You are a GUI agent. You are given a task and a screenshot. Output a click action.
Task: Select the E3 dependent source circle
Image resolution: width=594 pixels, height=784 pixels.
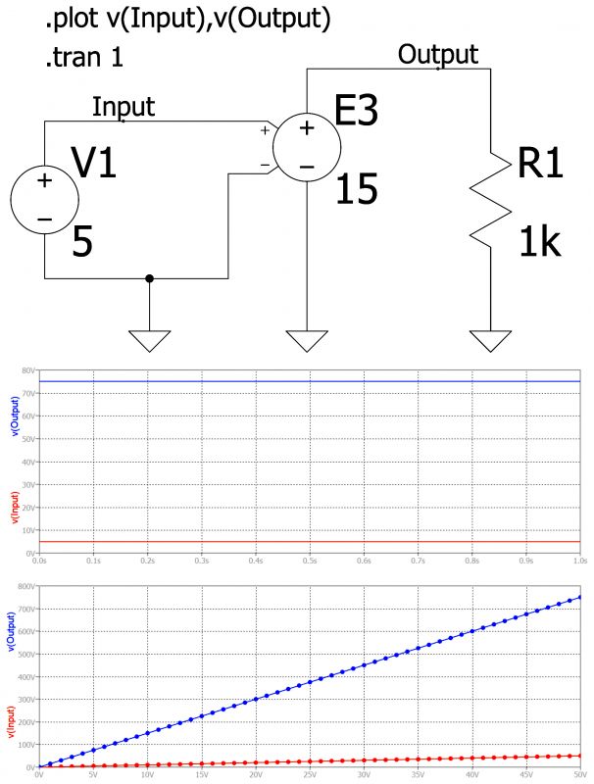click(x=306, y=147)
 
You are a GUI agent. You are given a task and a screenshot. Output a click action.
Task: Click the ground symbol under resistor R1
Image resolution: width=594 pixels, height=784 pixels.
click(x=490, y=340)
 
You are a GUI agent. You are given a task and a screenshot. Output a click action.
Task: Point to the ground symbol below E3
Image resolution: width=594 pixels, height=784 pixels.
click(x=307, y=340)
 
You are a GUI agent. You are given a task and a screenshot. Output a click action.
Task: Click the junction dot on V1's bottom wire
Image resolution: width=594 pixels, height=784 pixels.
click(x=149, y=278)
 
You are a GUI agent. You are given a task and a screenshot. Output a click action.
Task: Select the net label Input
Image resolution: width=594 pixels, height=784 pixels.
click(x=124, y=107)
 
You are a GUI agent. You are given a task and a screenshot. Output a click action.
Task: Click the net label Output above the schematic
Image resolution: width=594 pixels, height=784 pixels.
click(x=438, y=54)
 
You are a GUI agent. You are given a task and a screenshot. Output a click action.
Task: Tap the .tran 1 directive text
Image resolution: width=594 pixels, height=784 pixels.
click(x=84, y=59)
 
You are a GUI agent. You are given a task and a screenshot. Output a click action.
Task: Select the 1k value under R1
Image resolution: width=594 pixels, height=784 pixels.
click(x=539, y=240)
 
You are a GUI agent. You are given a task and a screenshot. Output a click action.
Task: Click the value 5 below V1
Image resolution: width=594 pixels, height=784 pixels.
click(x=83, y=242)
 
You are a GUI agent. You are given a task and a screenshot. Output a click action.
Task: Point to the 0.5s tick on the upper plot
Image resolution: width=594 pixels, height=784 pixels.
click(x=309, y=562)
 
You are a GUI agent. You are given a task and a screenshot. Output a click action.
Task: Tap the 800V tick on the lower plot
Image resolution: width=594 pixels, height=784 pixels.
click(x=25, y=586)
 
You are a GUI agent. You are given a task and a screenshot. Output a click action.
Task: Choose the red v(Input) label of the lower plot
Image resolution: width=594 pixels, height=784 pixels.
click(x=13, y=722)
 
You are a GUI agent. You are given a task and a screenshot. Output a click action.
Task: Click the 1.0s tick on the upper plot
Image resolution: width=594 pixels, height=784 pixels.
click(x=578, y=562)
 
